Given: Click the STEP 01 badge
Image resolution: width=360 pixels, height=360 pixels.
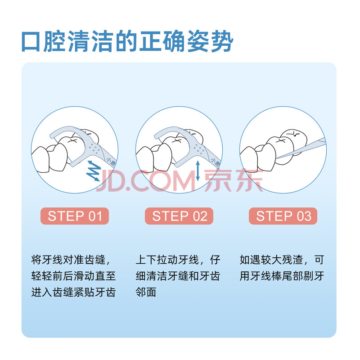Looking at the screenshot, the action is tap(75, 216).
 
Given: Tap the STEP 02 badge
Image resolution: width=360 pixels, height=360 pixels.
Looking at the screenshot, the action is tap(179, 216).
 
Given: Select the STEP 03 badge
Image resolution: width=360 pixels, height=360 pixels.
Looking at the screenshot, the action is tap(283, 216).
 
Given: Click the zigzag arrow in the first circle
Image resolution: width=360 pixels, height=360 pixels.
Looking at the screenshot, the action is tap(94, 171).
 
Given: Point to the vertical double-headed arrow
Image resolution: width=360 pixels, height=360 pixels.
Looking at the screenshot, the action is tap(198, 171).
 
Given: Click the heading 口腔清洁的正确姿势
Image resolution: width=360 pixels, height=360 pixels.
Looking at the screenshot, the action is tap(127, 41).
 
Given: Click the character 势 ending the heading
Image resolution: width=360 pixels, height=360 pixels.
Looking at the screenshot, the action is tap(222, 41).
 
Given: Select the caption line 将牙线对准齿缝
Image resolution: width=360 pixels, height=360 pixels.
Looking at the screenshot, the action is tap(71, 260).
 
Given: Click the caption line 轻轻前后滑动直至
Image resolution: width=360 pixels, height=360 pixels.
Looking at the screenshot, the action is tap(73, 276).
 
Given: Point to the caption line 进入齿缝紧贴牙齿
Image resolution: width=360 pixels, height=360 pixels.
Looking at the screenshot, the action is tap(73, 292).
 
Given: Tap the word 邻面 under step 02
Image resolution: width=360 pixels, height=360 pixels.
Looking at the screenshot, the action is tap(146, 292).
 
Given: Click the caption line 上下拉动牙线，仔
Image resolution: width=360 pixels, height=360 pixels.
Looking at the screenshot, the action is tap(178, 260).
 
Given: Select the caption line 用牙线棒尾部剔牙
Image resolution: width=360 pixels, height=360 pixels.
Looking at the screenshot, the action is tap(282, 276).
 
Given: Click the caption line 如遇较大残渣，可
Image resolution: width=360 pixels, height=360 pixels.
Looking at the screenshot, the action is tap(282, 260).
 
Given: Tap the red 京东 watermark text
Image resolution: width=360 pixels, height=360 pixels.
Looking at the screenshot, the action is tap(234, 180).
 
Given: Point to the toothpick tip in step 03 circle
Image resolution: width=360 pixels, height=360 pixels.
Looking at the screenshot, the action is tap(277, 158).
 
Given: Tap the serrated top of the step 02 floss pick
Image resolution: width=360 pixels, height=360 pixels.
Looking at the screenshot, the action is tap(183, 130).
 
